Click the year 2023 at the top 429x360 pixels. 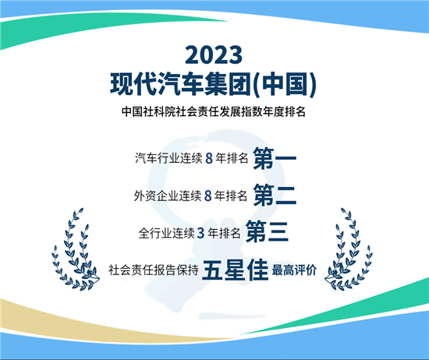coord(214,55)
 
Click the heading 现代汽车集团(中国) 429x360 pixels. coord(214,81)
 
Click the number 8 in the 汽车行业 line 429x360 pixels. coord(208,159)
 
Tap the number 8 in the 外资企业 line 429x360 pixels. coord(208,196)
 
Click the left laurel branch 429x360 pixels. coord(76,245)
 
